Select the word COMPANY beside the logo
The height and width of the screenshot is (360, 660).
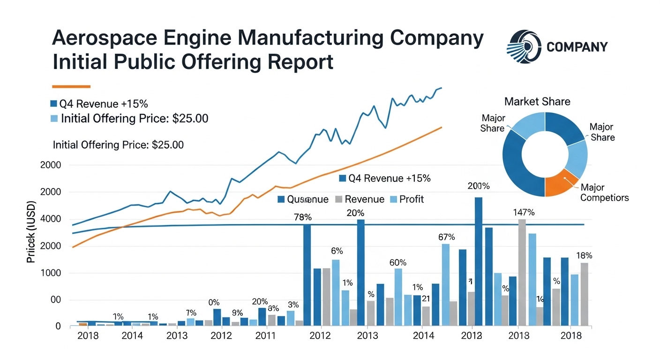[x=577, y=47]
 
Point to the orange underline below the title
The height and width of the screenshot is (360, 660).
[x=71, y=86]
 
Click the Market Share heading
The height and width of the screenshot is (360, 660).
[x=537, y=101]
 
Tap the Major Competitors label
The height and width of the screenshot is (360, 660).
[x=604, y=192]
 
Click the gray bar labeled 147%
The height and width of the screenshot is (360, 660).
[x=522, y=272]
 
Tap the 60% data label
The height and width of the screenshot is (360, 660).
[x=398, y=262]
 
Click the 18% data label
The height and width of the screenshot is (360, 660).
[x=584, y=256]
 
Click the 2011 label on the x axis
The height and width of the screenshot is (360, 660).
[x=265, y=336]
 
